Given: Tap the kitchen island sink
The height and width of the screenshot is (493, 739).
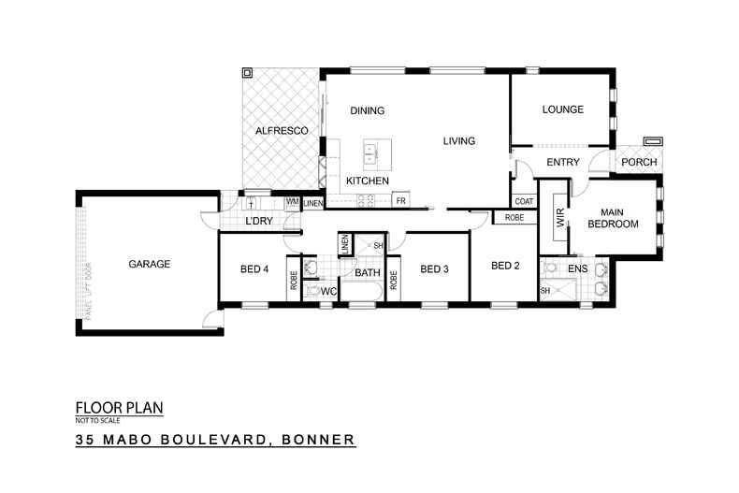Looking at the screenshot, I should [370, 150].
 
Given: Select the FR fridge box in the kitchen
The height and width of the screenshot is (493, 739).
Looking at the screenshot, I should [400, 201].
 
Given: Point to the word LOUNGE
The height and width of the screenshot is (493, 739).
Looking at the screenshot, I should [562, 110].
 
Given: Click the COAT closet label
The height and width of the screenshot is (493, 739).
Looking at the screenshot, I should [523, 201].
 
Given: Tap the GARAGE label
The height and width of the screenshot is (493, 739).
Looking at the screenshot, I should [149, 265].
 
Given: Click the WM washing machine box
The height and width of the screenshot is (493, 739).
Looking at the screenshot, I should [291, 202].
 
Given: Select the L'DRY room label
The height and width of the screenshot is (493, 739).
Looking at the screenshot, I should [258, 222].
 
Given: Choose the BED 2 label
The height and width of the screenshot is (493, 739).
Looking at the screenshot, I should [506, 266].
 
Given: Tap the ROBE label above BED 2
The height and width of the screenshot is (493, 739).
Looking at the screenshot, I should [514, 218].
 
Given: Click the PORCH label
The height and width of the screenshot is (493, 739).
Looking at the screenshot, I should [639, 163].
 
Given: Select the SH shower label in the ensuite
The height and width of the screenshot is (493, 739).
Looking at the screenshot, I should [545, 292].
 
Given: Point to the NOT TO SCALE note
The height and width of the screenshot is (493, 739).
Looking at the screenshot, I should [97, 420].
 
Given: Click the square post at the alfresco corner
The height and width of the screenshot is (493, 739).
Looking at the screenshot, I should [248, 71].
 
